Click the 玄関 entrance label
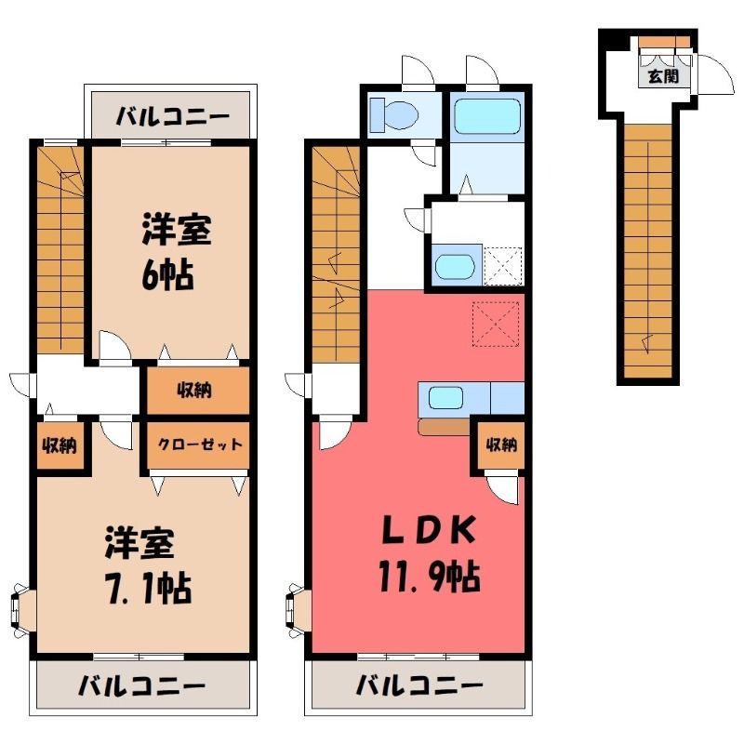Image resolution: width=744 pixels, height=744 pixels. (663, 75)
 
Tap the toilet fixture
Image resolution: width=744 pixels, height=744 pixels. (393, 114)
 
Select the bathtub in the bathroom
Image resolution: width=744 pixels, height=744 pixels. (487, 117)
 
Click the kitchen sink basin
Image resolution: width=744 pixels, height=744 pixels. (445, 398)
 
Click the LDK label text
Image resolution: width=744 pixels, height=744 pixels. (429, 529)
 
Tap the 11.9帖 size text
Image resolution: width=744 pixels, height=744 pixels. (430, 576)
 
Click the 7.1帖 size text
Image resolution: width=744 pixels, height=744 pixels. (150, 589)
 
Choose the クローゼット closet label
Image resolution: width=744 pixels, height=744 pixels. (199, 445)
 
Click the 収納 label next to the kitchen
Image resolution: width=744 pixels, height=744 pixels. (501, 445)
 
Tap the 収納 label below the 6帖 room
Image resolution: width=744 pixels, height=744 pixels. (194, 390)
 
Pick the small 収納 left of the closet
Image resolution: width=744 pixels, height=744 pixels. (60, 445)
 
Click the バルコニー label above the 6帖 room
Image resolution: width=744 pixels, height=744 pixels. (173, 116)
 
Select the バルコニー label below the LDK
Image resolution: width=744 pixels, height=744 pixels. (419, 685)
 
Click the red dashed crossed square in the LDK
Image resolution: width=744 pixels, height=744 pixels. (496, 324)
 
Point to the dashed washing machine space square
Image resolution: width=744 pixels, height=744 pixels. (503, 266)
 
